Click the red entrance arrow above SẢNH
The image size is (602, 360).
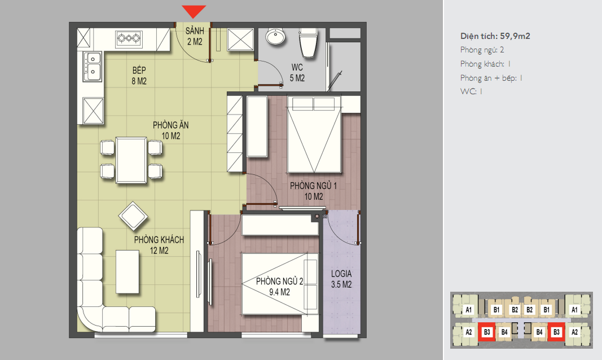pos(194,11)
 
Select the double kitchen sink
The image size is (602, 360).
pos(93,67)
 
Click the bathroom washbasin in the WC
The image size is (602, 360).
pos(276,37)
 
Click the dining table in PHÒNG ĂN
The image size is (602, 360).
pos(131,160)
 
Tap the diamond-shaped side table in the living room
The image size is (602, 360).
pos(133,216)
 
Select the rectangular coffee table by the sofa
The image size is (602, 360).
pos(128,272)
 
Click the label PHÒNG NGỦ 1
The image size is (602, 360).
pos(313,186)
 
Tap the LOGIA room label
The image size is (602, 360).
pos(341,274)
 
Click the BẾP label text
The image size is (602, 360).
pos(139,70)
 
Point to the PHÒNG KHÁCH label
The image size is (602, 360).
pos(159,240)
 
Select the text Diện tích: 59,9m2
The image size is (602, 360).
pos(495,36)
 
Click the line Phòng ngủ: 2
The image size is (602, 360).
pos(482,50)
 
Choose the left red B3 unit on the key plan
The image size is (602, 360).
pos(487,332)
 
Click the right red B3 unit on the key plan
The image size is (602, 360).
pos(556,332)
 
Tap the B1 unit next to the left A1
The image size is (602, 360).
pos(496,310)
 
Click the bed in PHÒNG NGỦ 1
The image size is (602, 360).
pos(314,134)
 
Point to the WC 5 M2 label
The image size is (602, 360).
pos(297,73)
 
